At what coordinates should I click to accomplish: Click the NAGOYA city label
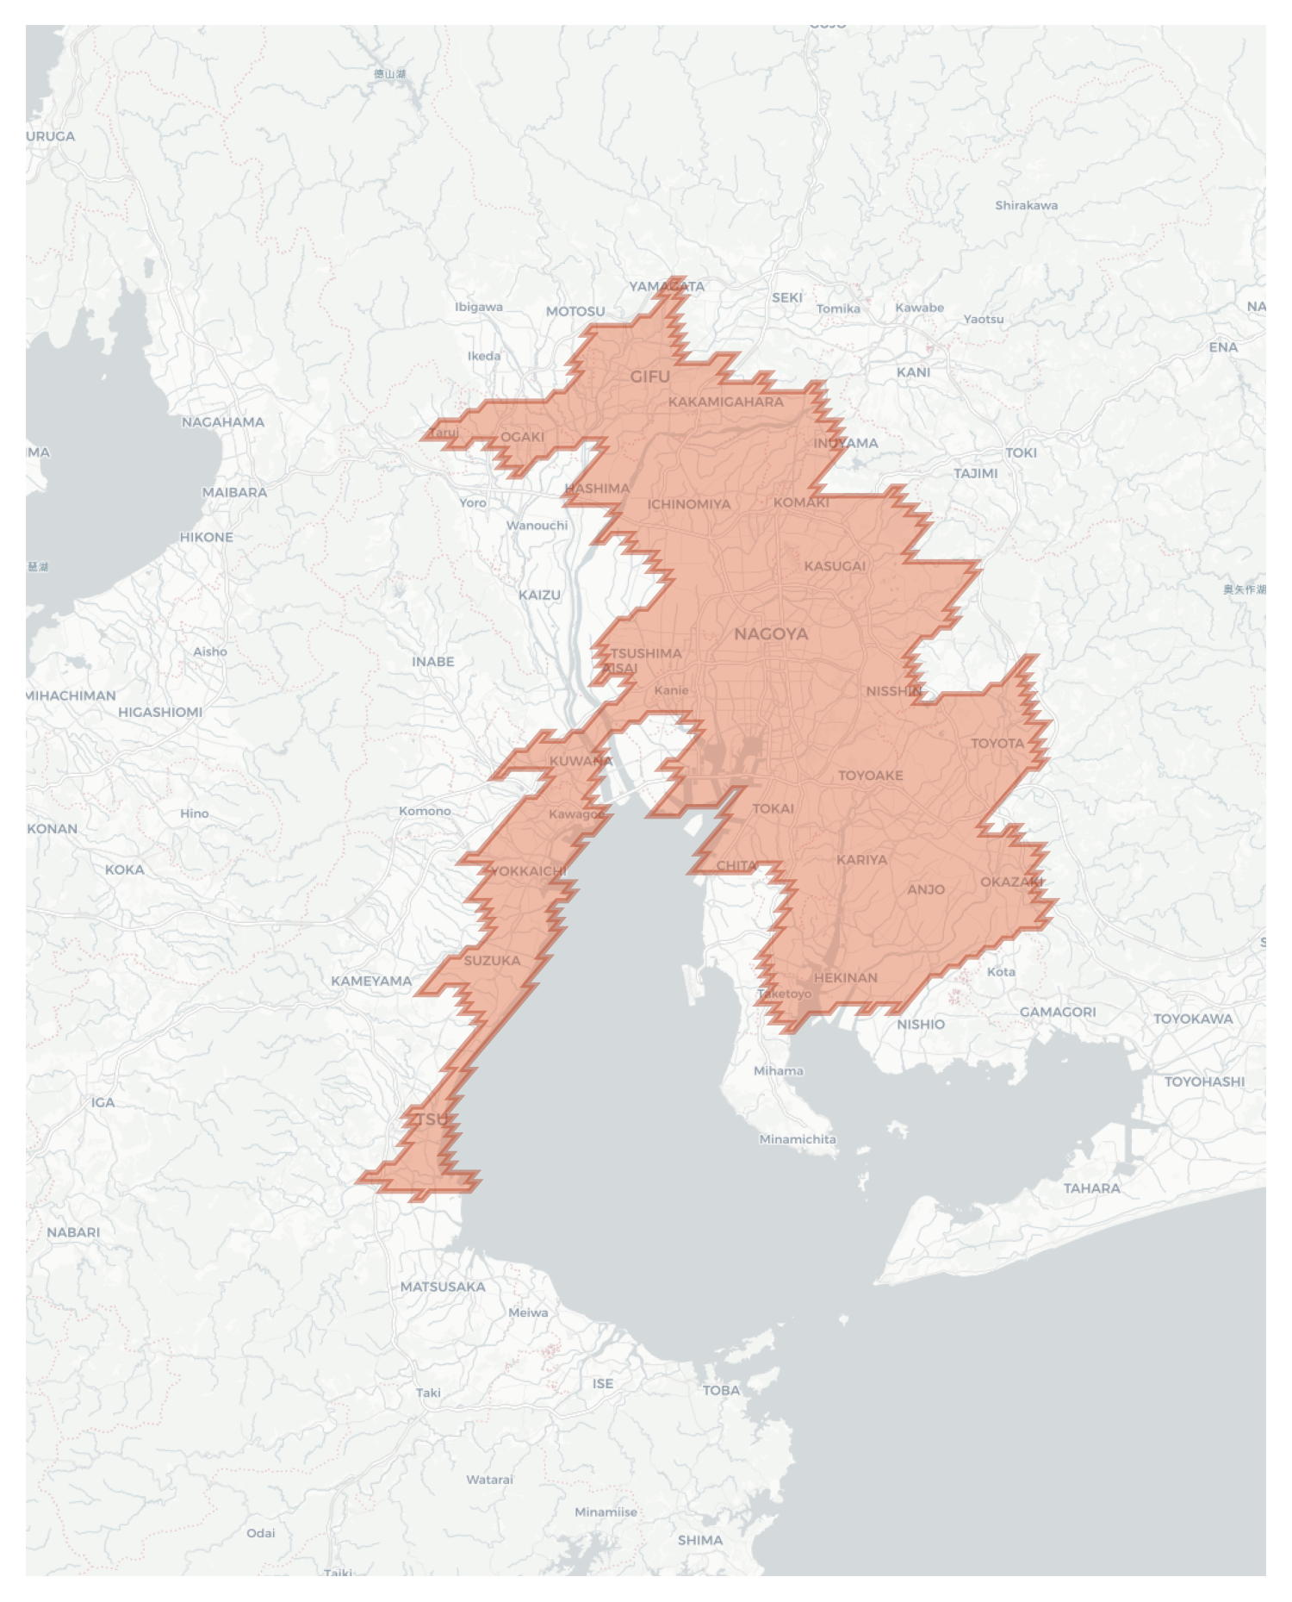(771, 634)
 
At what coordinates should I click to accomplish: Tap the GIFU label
(649, 377)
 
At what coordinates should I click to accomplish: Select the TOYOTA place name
(997, 743)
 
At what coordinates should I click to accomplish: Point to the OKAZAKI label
(1011, 882)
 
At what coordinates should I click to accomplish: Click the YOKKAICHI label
(527, 871)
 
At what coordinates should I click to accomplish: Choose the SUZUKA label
(492, 961)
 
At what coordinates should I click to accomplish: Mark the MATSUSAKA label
(443, 1287)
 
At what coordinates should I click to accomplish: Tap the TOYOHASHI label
(1204, 1082)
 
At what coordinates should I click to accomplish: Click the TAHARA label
(1091, 1188)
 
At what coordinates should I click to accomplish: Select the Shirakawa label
(1026, 205)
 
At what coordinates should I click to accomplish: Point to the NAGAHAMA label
(223, 422)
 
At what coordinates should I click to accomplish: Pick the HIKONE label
(206, 537)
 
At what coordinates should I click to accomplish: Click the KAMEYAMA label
(371, 981)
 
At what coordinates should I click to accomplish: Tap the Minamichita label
(797, 1139)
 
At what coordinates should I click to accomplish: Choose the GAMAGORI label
(1058, 1012)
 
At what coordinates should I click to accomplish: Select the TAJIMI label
(975, 473)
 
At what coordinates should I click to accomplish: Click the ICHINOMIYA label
(689, 504)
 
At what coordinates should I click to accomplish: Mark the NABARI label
(73, 1232)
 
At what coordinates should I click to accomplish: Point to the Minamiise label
(606, 1512)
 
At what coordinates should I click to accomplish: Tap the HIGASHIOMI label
(160, 712)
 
